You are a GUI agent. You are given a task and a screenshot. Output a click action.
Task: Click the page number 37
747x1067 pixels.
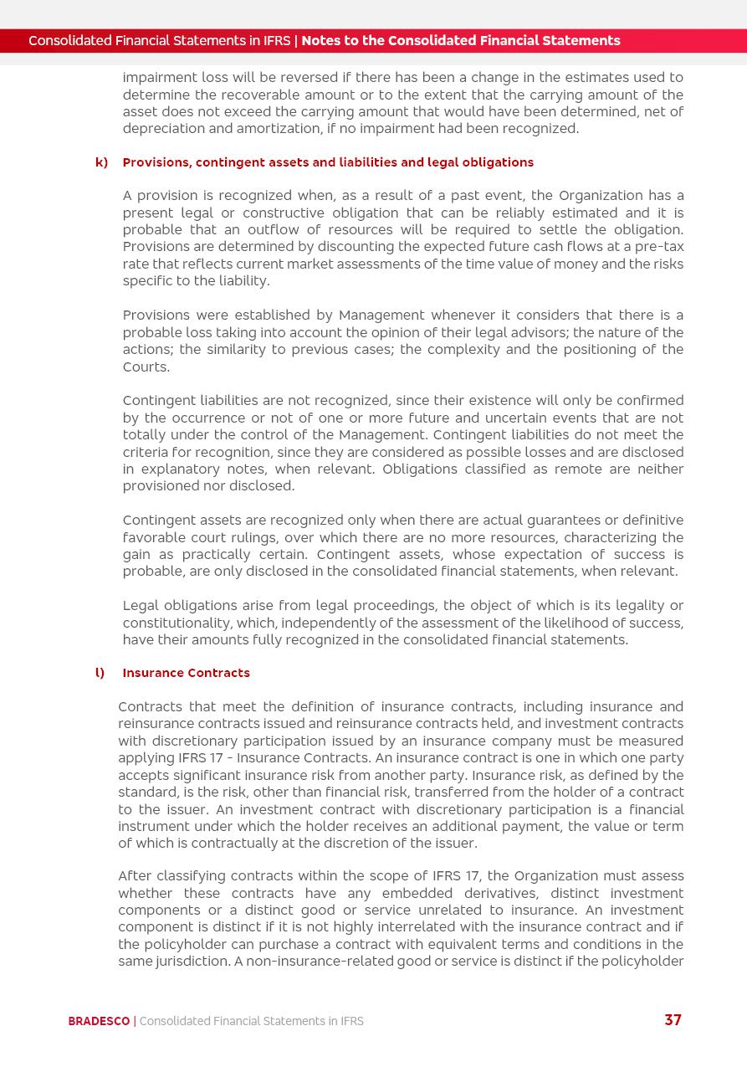click(673, 1019)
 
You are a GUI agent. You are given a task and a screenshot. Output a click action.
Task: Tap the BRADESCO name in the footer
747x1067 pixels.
click(99, 1021)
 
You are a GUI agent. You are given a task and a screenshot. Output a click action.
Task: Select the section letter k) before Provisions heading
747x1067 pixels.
click(101, 162)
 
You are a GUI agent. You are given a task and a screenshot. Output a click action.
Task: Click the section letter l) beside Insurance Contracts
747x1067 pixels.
click(100, 673)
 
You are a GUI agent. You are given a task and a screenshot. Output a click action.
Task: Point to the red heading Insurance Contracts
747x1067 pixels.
click(186, 673)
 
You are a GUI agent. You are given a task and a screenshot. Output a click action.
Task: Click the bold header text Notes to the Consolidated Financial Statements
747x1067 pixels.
click(460, 40)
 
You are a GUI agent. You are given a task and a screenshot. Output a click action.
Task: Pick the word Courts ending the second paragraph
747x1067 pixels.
click(146, 367)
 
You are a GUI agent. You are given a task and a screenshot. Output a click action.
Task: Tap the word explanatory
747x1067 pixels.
click(176, 469)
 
